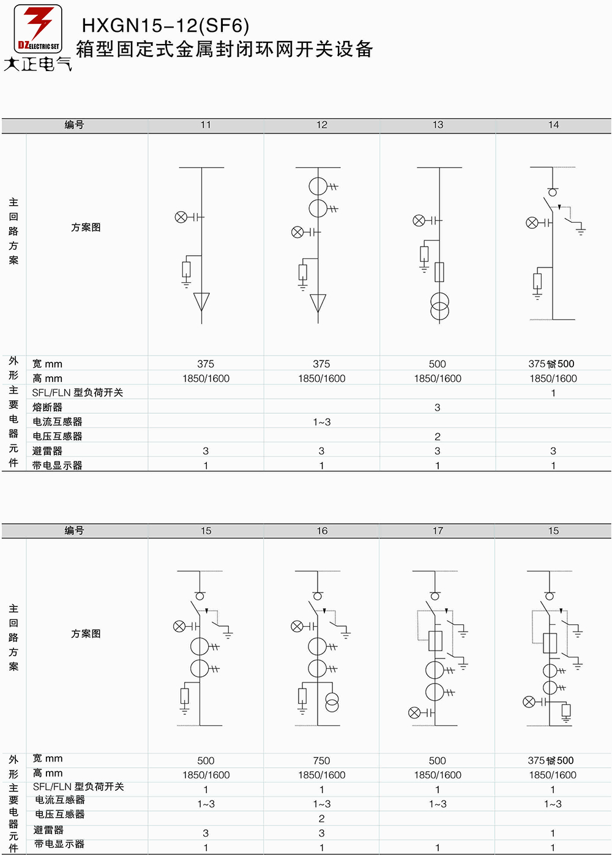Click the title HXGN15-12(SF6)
click(165, 26)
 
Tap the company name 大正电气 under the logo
click(37, 64)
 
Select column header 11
click(206, 125)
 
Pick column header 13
click(438, 125)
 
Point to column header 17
click(438, 531)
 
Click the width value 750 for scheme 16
click(321, 761)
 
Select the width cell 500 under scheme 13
click(437, 364)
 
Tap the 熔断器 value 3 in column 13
click(437, 408)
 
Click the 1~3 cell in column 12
click(322, 422)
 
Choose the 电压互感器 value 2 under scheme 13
click(437, 436)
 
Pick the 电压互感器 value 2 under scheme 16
click(321, 819)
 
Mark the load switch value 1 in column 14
click(553, 393)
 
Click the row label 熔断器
click(47, 407)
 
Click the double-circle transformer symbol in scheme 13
click(439, 306)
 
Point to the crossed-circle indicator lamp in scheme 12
click(297, 232)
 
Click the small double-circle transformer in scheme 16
click(332, 703)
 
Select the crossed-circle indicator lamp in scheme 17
click(414, 712)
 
